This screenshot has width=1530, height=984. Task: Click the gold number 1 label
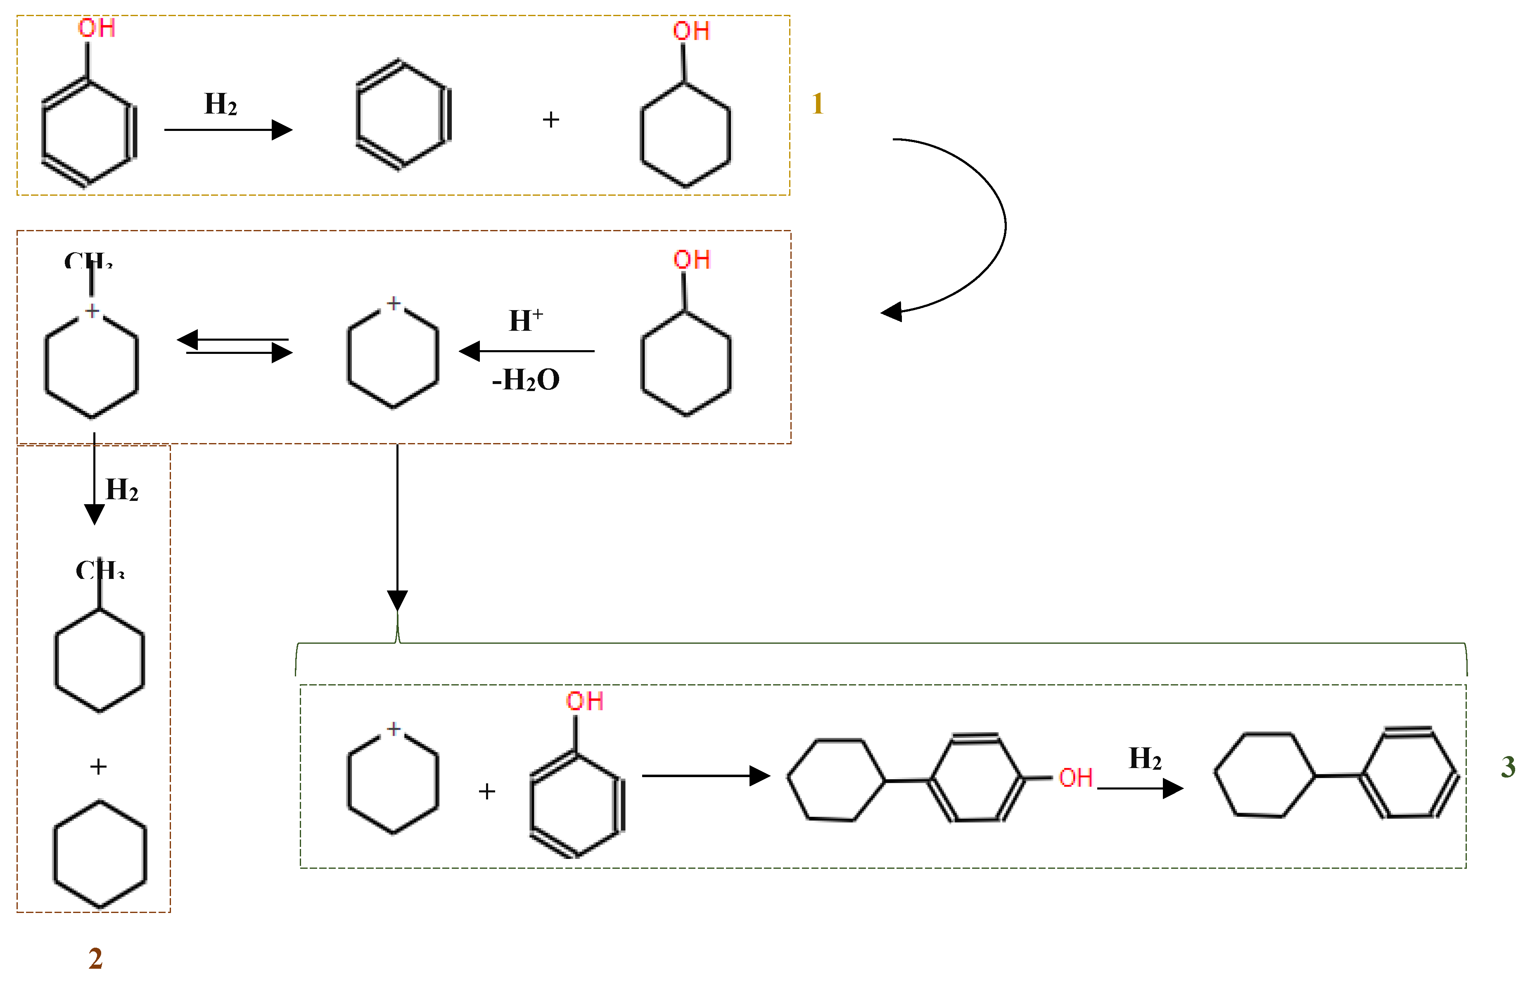817,104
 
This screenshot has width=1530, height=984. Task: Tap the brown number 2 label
95,958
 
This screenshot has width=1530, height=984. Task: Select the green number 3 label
1508,767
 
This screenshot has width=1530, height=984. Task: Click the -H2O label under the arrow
526,380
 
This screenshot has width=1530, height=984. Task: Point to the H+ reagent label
525,320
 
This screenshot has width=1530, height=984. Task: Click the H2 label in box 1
221,104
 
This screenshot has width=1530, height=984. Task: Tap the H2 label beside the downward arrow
122,490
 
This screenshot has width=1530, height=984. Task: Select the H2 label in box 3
1145,759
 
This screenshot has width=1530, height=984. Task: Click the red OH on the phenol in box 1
97,28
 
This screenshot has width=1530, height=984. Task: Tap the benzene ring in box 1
403,115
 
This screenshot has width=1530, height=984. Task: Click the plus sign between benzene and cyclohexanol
550,119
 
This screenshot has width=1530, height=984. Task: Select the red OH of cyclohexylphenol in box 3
1076,778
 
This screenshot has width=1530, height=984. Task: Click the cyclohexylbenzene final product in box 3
1335,774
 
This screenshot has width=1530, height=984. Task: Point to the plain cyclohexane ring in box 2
100,854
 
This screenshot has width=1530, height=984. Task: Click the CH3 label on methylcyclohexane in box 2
99,569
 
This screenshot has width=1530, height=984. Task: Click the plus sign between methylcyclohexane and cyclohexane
98,766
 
